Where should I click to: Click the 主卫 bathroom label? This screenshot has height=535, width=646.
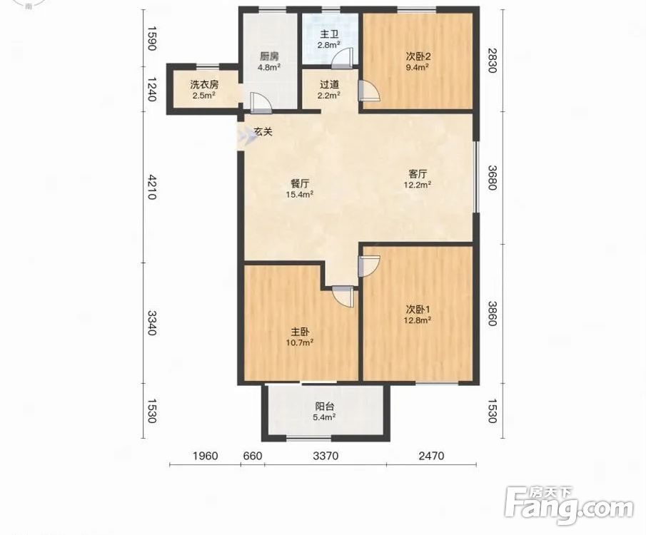coord(329,34)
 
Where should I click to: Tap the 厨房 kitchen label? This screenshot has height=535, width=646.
coord(269,56)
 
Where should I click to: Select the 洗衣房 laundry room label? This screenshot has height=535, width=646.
coord(204,85)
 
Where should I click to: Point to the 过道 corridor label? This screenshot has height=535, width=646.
coord(329,85)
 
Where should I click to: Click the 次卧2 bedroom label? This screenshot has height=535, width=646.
coord(418,56)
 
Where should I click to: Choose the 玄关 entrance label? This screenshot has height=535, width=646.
coord(263,132)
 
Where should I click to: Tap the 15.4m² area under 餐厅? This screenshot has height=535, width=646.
coord(300,195)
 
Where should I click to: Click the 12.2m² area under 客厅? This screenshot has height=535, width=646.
coord(418,185)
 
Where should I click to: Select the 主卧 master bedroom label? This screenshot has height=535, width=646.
coord(301,332)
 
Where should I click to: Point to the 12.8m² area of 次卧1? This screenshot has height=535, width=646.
coord(418,320)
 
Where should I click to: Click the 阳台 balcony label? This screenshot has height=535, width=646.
coord(325,407)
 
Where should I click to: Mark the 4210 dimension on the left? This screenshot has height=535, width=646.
coord(151,187)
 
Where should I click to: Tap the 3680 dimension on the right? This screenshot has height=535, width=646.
coord(493,178)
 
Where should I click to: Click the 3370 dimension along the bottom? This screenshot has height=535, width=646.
coord(325,456)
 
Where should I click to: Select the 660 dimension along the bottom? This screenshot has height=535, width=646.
coord(253,456)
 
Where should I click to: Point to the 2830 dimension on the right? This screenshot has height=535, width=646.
coord(493,60)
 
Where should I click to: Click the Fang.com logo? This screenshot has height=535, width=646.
coord(570,505)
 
